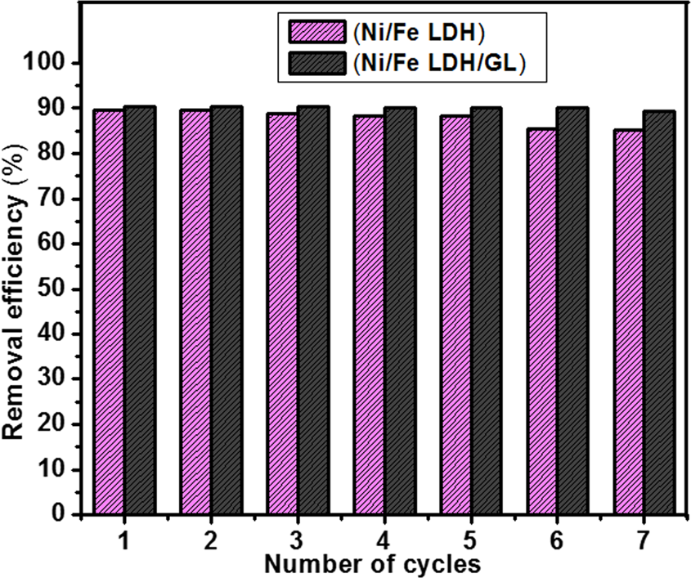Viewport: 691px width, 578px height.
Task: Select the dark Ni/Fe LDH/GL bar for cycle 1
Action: [x=139, y=311]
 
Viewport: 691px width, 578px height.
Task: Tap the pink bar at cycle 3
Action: [x=281, y=314]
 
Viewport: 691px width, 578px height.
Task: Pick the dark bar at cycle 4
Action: [x=399, y=311]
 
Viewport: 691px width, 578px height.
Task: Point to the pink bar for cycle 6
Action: [x=541, y=321]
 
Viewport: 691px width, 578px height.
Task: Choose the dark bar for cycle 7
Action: [x=659, y=313]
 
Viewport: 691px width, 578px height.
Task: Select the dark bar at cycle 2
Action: [x=226, y=311]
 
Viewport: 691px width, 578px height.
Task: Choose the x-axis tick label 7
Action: [x=644, y=540]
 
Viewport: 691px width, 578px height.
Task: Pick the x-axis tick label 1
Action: [x=123, y=540]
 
